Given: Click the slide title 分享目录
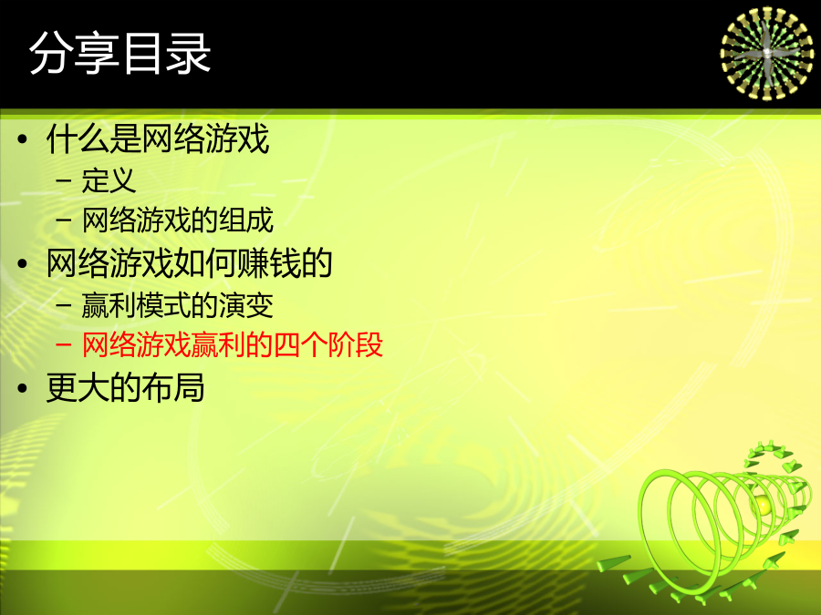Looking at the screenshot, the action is click(x=120, y=53).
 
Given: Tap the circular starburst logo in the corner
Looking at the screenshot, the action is click(x=767, y=53).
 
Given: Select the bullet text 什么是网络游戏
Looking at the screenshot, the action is click(x=158, y=138).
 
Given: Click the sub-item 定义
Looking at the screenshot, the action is click(x=109, y=180).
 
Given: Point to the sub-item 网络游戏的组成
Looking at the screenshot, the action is click(x=178, y=220).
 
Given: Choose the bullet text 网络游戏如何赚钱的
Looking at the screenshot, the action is click(x=190, y=262).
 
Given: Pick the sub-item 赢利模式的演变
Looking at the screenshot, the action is click(x=178, y=305).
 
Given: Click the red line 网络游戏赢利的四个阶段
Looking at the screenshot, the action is click(x=233, y=344).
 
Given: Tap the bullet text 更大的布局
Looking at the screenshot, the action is click(x=125, y=387).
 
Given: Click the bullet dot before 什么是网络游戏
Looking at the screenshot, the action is click(x=22, y=139).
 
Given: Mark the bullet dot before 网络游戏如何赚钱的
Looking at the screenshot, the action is click(x=22, y=263).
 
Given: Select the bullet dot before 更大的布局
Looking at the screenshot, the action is click(x=22, y=388).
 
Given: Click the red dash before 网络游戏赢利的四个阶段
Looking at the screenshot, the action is click(x=63, y=345).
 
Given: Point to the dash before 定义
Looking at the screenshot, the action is click(x=63, y=181).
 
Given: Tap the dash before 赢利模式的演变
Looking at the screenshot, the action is click(x=63, y=305).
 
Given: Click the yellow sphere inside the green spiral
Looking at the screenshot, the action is click(x=763, y=505).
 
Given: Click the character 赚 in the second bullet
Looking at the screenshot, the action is click(x=254, y=262).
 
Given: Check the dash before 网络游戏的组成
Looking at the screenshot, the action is click(x=63, y=220).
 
